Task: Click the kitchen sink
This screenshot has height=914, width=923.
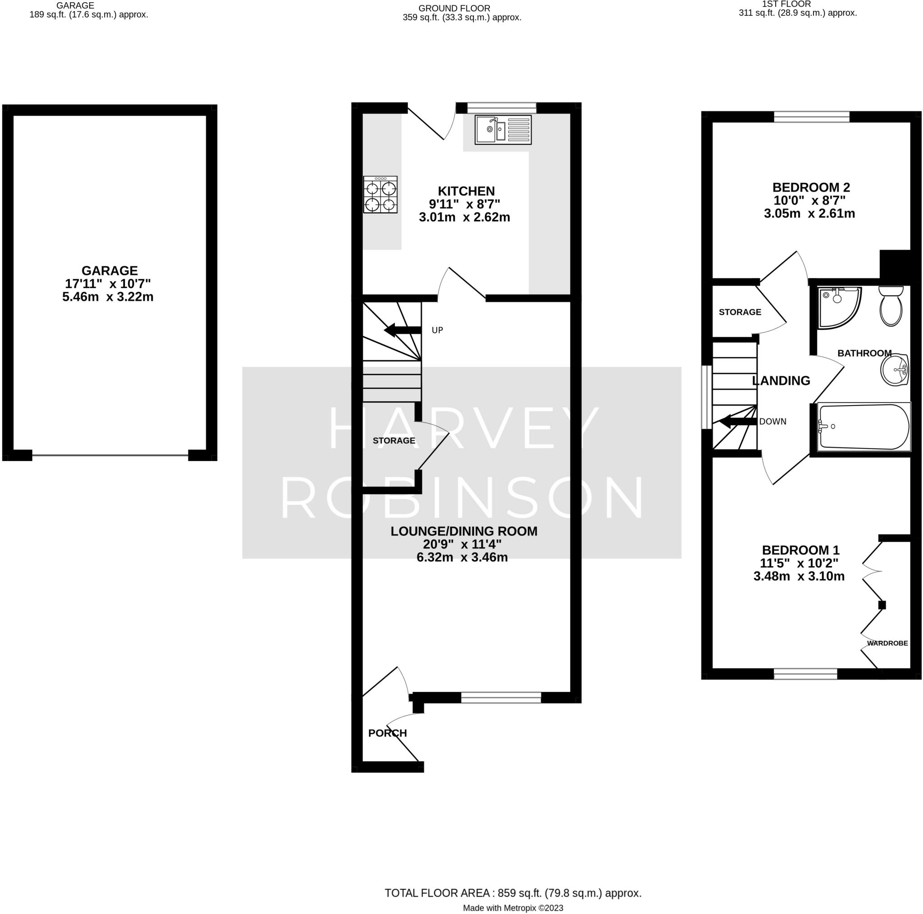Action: point(503,129)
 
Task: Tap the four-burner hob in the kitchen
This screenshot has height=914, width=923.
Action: point(380,194)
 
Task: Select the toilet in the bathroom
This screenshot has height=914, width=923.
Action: point(891,306)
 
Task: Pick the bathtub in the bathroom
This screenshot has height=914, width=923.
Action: point(864,427)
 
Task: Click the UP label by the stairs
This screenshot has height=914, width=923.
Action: point(437,330)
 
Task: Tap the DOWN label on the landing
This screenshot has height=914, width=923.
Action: point(772,421)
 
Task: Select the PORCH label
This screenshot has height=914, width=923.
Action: point(388,733)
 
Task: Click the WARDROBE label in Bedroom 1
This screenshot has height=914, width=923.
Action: point(887,643)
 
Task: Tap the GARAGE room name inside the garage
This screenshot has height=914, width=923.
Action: point(110,270)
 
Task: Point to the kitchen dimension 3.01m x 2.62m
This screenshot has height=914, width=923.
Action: point(464,217)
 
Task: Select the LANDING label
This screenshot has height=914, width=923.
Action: point(781,380)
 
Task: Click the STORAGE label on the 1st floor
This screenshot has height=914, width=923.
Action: point(740,312)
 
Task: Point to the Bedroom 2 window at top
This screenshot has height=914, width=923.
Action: point(812,117)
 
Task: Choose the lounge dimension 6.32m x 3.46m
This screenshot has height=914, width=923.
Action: point(462,557)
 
